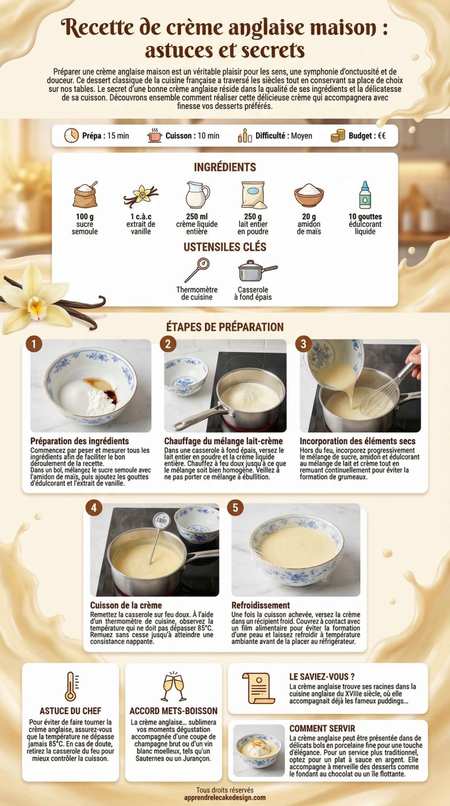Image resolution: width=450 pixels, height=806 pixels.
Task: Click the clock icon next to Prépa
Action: tap(71, 135)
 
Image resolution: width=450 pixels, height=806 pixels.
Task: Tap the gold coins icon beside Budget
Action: tap(337, 136)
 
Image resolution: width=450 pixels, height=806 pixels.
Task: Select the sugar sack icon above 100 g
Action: tap(85, 194)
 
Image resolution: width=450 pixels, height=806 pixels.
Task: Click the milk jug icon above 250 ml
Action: tap(197, 194)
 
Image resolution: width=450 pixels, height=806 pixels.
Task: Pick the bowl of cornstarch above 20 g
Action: tap(309, 195)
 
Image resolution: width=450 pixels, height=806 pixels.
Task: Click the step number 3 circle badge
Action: tap(303, 344)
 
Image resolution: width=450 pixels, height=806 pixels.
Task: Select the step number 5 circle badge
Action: tap(235, 508)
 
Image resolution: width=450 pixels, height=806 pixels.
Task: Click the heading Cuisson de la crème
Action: tap(126, 605)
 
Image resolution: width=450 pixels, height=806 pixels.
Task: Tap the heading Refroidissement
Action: tap(261, 605)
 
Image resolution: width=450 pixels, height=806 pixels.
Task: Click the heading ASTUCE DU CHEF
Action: tap(70, 711)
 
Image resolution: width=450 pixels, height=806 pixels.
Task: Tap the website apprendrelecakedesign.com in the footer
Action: tap(225, 798)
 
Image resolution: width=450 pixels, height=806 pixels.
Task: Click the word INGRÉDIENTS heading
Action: tap(225, 167)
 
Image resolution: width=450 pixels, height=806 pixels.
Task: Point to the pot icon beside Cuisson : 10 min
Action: tap(155, 136)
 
